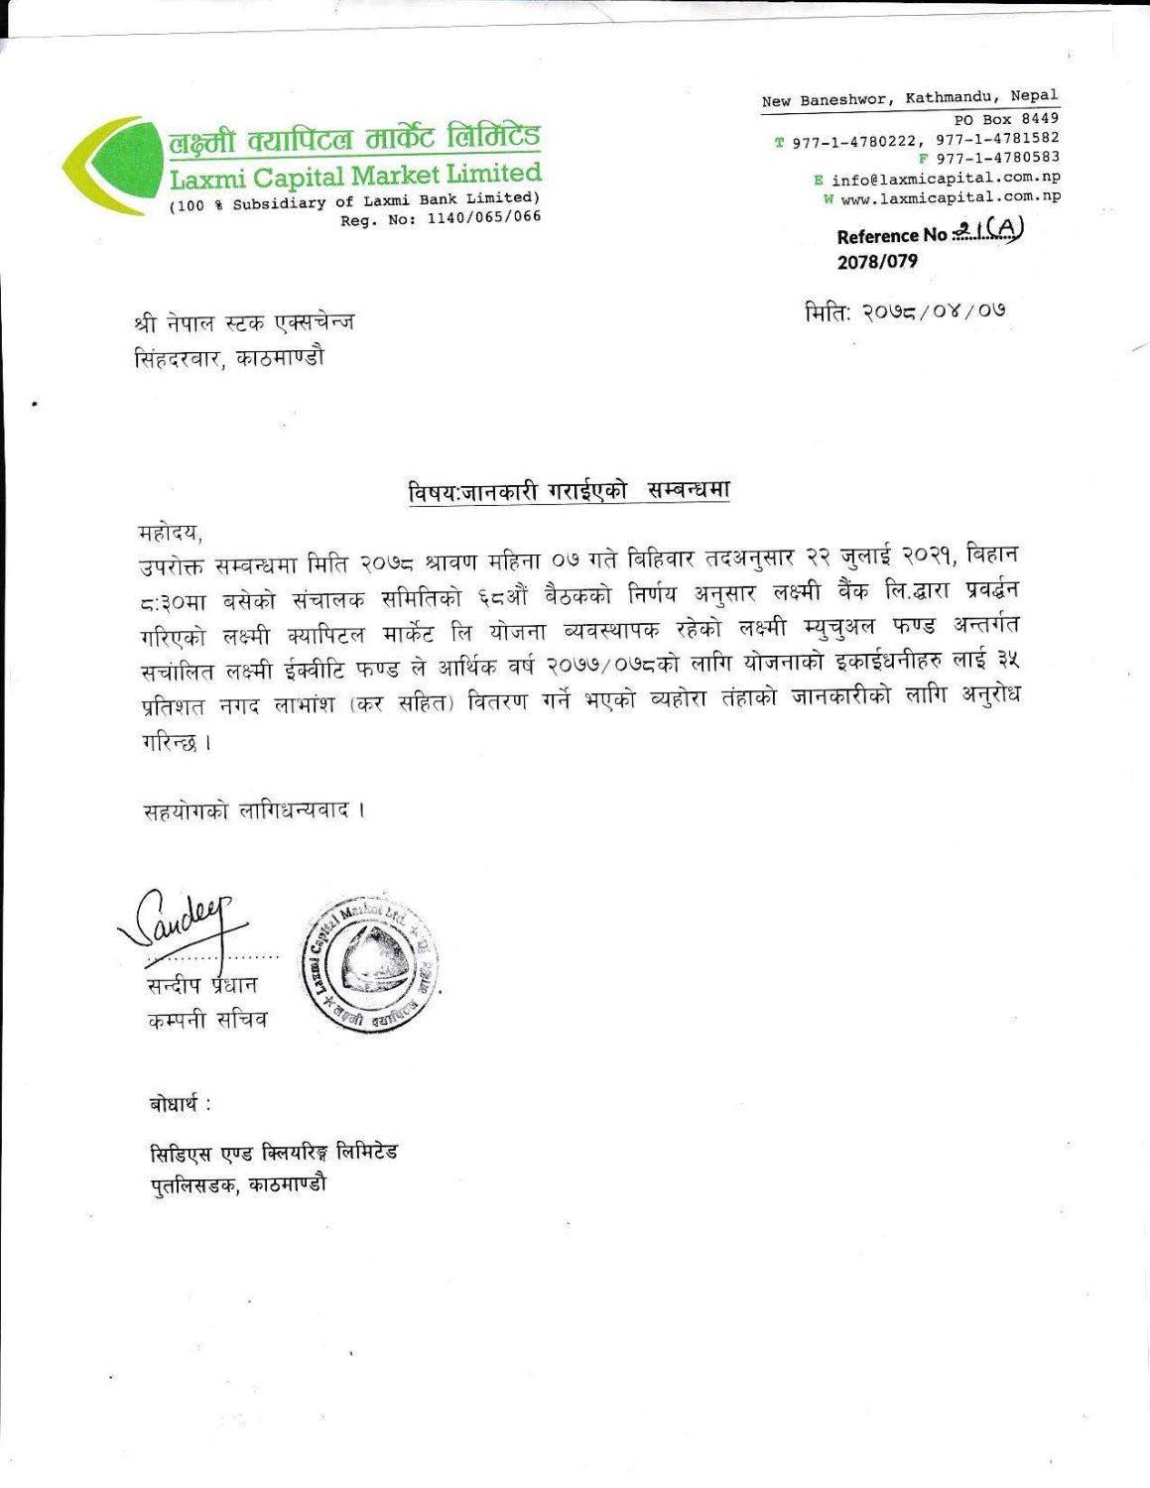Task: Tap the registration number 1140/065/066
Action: pyautogui.click(x=483, y=218)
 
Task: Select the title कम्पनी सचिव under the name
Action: pyautogui.click(x=202, y=1019)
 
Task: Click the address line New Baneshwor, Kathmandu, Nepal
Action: pyautogui.click(x=910, y=99)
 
